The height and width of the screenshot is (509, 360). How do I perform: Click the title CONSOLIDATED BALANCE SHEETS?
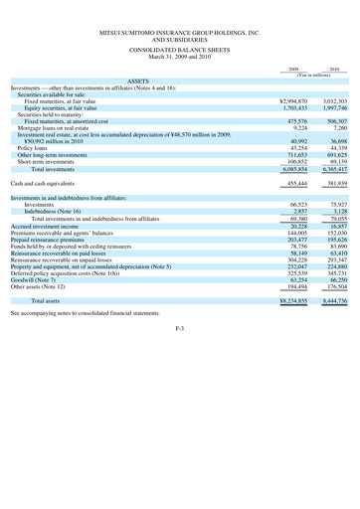pos(180,47)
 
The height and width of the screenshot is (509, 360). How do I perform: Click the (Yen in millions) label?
pos(313,76)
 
